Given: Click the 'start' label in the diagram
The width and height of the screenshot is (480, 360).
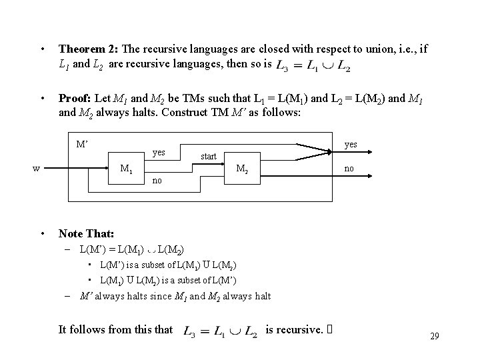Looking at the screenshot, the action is [209, 156].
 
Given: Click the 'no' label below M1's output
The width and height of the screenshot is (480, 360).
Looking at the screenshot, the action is [157, 181].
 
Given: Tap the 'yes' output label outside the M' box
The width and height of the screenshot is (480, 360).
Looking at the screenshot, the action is [351, 144].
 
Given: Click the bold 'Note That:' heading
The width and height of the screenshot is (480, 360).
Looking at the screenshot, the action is [86, 234].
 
